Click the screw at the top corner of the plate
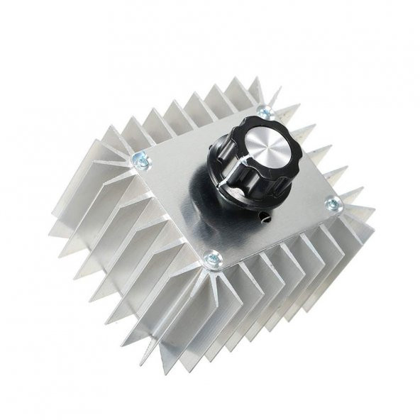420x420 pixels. point(264,112)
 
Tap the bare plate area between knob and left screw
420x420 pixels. point(177,177)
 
